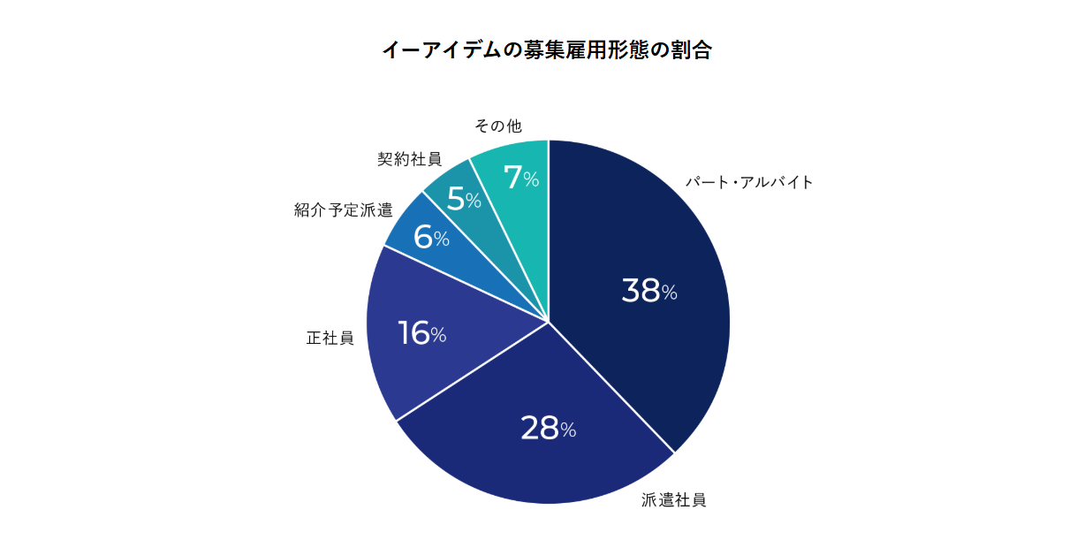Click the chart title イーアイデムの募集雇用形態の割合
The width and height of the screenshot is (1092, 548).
pyautogui.click(x=546, y=49)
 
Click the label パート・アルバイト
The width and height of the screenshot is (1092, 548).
pyautogui.click(x=749, y=183)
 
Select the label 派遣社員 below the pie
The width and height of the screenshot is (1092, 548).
pyautogui.click(x=673, y=500)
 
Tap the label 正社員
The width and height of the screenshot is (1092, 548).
pyautogui.click(x=330, y=339)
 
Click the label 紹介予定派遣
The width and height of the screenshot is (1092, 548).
pyautogui.click(x=344, y=210)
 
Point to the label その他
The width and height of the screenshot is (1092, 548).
pyautogui.click(x=497, y=126)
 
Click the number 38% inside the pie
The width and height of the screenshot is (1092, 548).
pyautogui.click(x=648, y=291)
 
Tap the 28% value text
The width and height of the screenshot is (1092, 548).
pyautogui.click(x=548, y=429)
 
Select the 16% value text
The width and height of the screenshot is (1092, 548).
pyautogui.click(x=421, y=334)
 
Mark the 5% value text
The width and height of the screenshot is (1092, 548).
pyautogui.click(x=463, y=200)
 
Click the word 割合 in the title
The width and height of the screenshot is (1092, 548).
pyautogui.click(x=694, y=49)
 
